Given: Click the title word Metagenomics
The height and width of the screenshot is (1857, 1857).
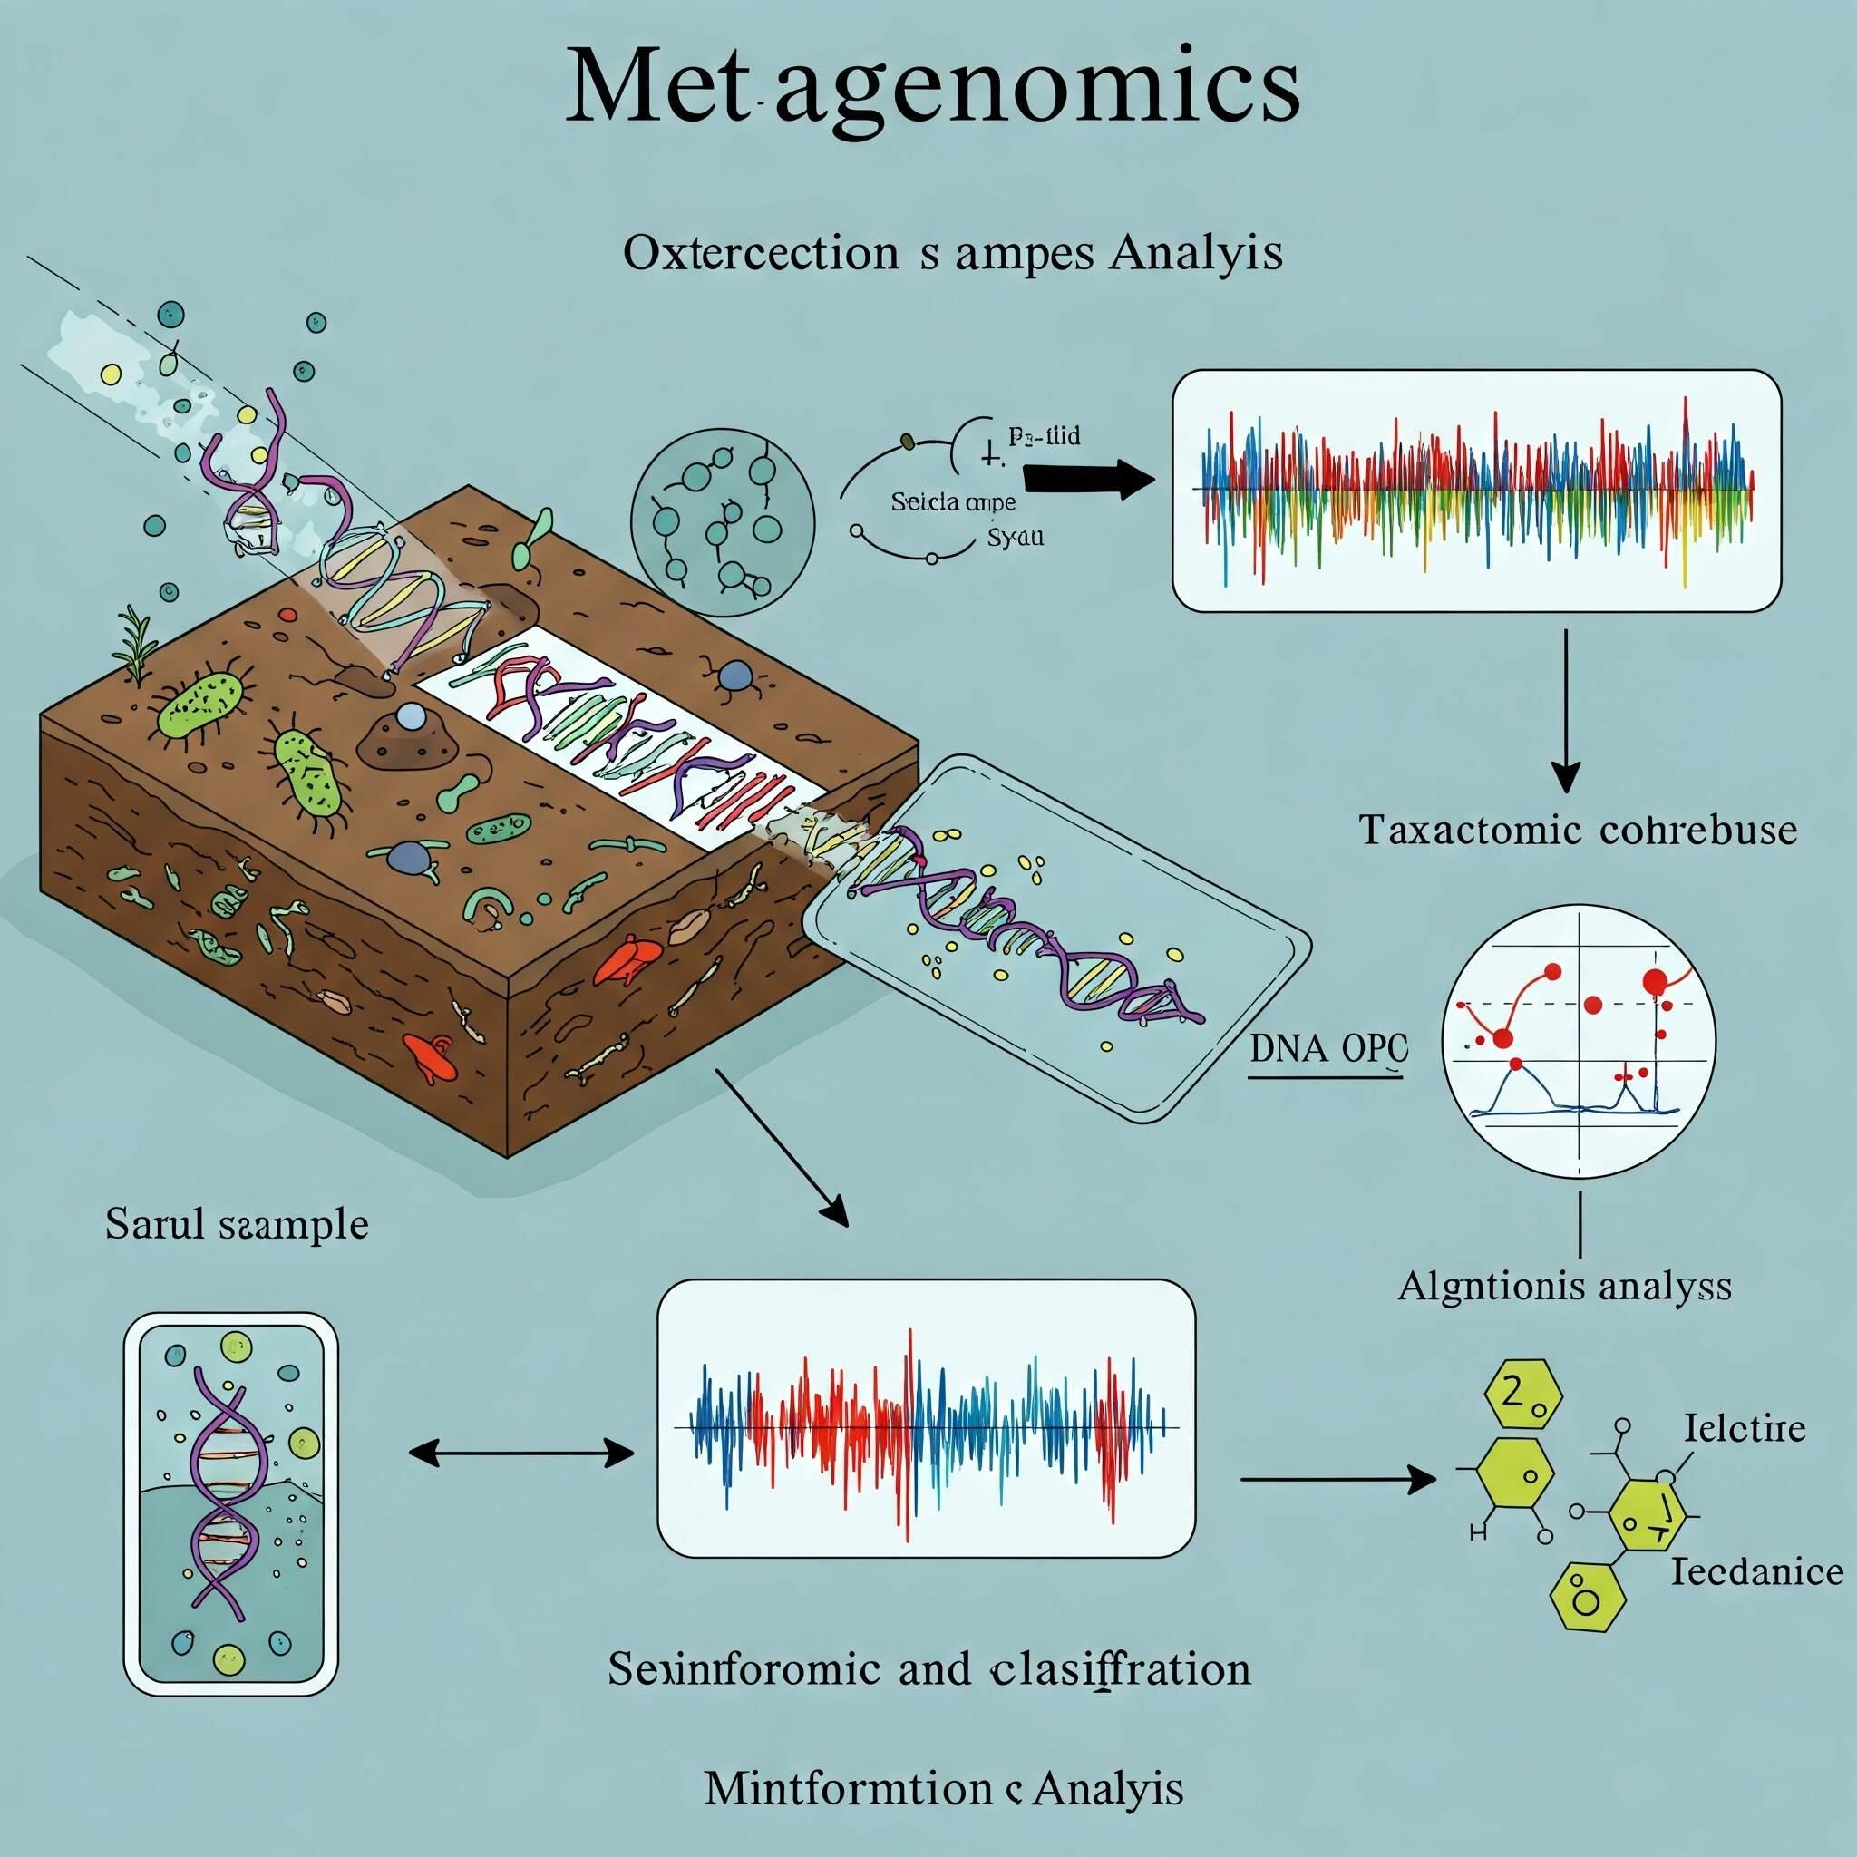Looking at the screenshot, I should [931, 87].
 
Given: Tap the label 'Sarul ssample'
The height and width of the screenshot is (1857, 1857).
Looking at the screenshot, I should [237, 1224].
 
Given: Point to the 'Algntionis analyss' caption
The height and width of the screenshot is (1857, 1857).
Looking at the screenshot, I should [1564, 1285].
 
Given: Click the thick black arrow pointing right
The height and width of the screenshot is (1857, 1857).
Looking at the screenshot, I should [1087, 478].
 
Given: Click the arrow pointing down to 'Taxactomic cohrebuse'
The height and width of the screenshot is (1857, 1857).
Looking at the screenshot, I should [1566, 710].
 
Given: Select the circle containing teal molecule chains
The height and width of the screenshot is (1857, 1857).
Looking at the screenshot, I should [722, 524].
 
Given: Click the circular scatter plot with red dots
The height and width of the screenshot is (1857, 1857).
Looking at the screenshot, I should [1580, 1042].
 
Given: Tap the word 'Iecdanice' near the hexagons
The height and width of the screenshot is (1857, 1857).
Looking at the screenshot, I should [1757, 1571].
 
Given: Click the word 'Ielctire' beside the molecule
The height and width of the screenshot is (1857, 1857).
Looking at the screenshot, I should [1745, 1428].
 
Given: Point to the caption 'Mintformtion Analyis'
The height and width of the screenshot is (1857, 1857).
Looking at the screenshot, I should [943, 1789].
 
